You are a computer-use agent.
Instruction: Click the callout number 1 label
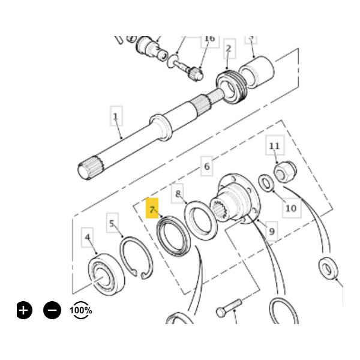pos(116,116)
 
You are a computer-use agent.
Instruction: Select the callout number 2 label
pos(228,49)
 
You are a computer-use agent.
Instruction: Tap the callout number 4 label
pos(88,238)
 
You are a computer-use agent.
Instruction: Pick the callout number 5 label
pos(112,224)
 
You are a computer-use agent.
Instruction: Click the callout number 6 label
pos(206,166)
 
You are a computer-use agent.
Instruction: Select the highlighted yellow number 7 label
pos(153,209)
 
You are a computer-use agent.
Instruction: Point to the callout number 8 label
pos(178,193)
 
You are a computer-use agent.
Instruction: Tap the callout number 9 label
pos(272,230)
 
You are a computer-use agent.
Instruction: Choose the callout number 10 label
pos(290,208)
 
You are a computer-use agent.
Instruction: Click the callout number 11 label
pos(274,146)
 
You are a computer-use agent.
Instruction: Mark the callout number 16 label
pos(209,38)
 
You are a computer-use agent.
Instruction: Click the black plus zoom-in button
pos(23,310)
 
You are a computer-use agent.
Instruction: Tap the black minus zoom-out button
pos(52,310)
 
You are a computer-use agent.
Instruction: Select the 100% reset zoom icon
pos(81,310)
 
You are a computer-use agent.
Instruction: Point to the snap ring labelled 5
pos(137,257)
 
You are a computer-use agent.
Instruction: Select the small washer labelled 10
pos(266,182)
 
